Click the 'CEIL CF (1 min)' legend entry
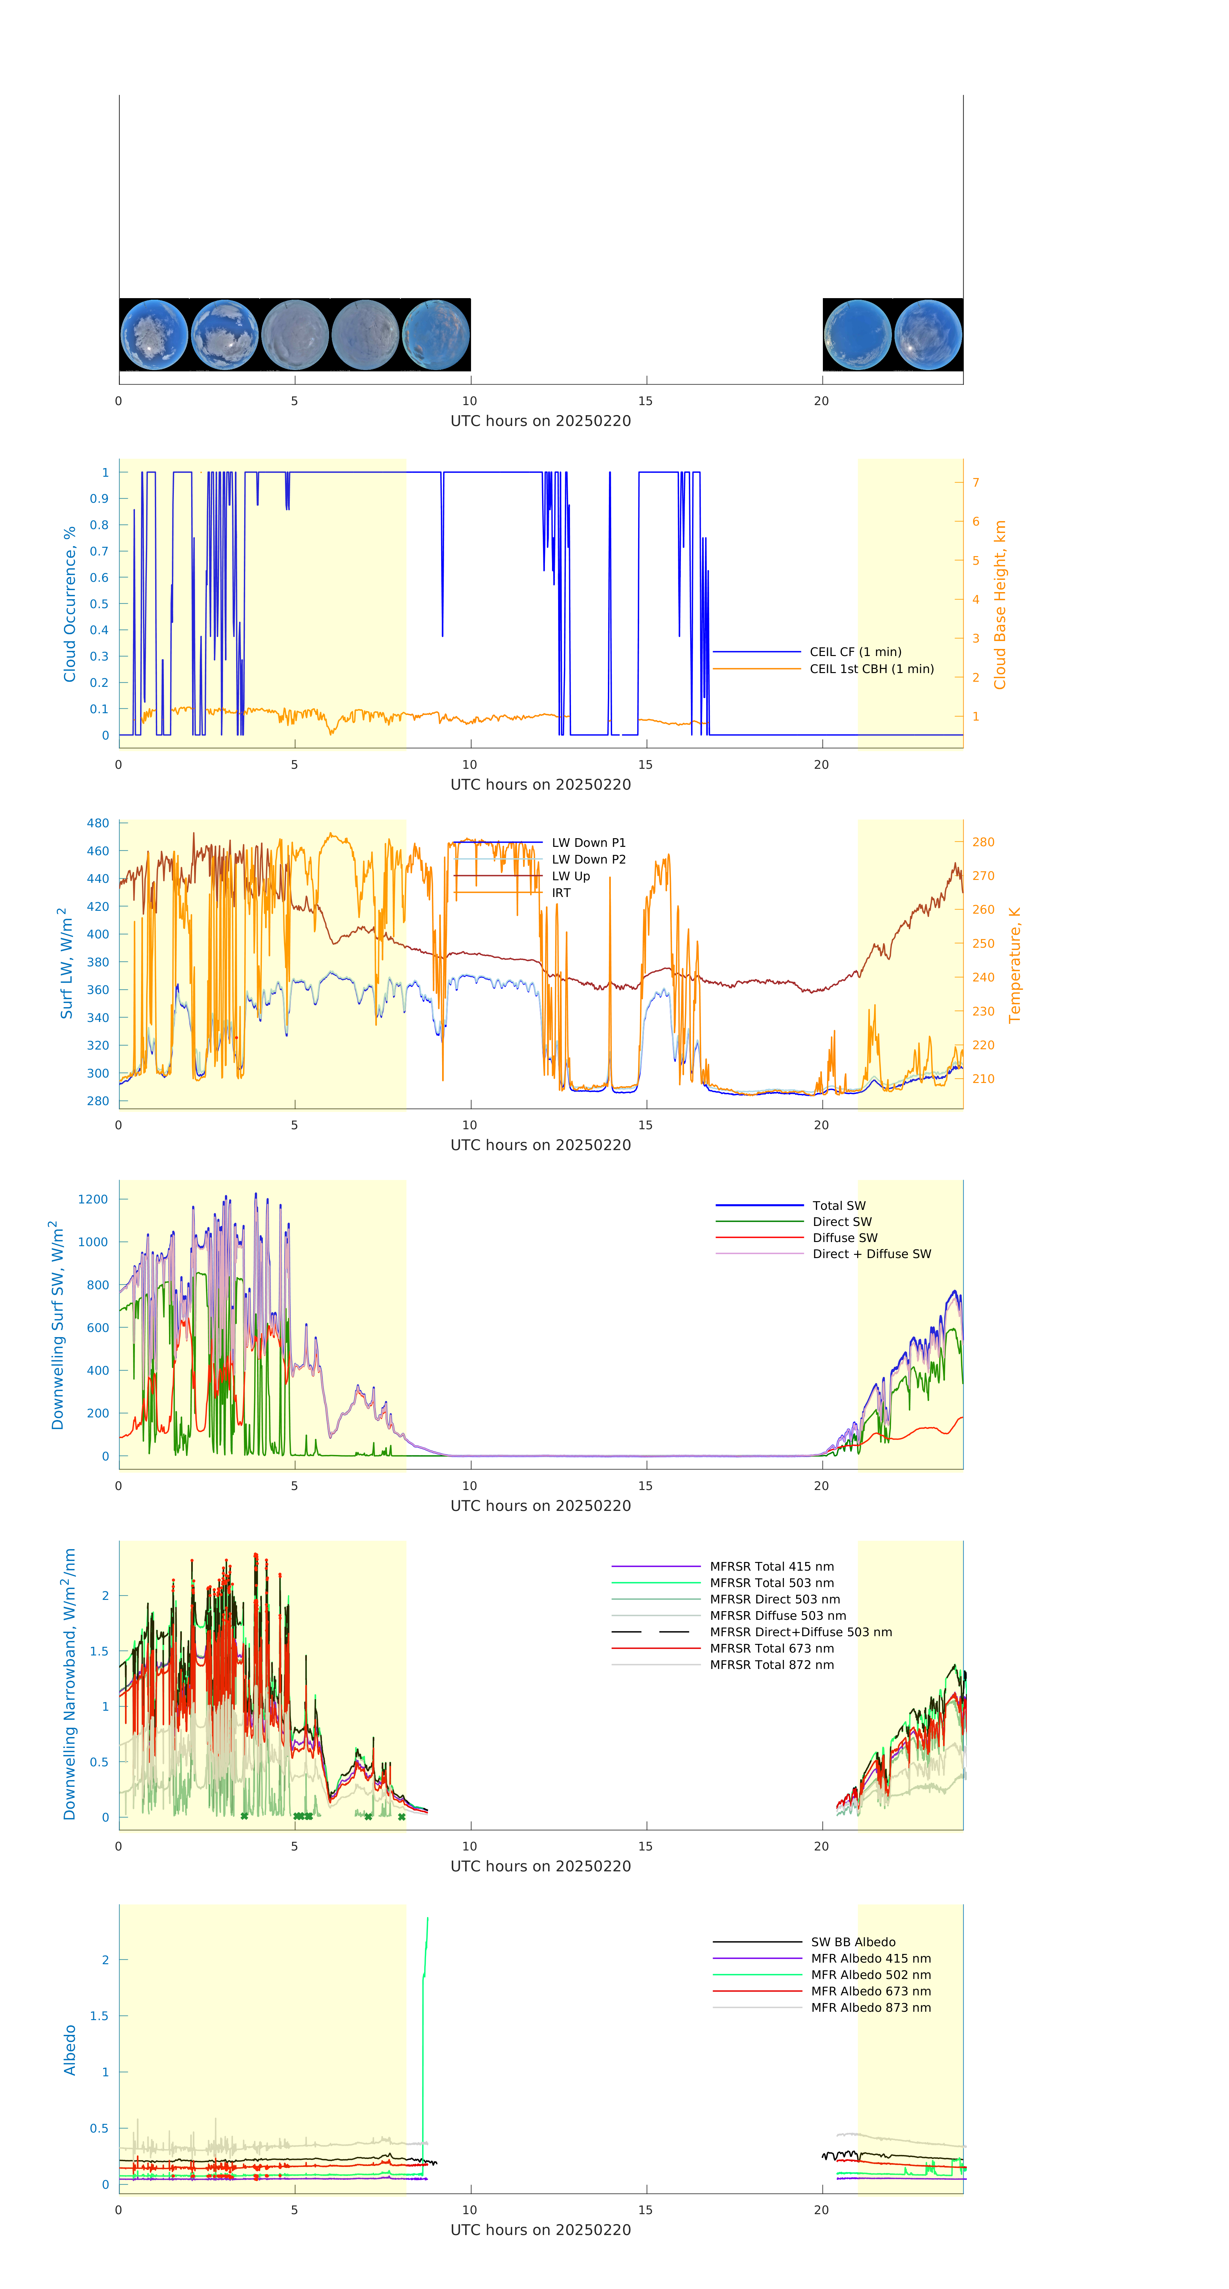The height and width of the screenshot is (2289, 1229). [x=855, y=651]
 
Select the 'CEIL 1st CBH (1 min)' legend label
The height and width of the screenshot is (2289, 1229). [x=871, y=669]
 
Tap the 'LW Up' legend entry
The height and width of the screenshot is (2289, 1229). [x=571, y=876]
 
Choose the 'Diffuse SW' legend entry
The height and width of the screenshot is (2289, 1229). [x=844, y=1238]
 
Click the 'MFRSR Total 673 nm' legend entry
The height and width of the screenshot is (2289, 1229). [x=771, y=1648]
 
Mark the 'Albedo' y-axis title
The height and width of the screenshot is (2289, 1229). [x=69, y=2050]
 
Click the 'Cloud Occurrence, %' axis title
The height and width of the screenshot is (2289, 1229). [x=69, y=604]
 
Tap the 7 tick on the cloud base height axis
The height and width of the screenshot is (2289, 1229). [x=976, y=483]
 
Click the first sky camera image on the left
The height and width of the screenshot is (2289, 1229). [x=155, y=335]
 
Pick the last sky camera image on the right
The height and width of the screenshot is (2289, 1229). [x=928, y=335]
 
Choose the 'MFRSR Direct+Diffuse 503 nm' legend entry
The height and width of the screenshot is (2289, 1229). [x=800, y=1632]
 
